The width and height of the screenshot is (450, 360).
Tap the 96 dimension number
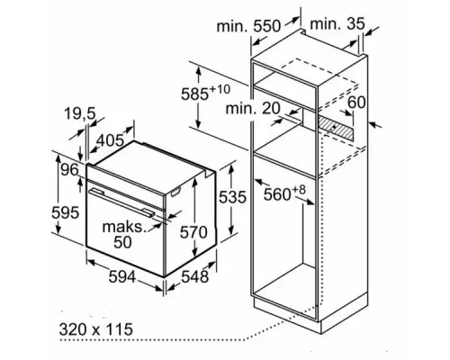click(67, 170)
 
